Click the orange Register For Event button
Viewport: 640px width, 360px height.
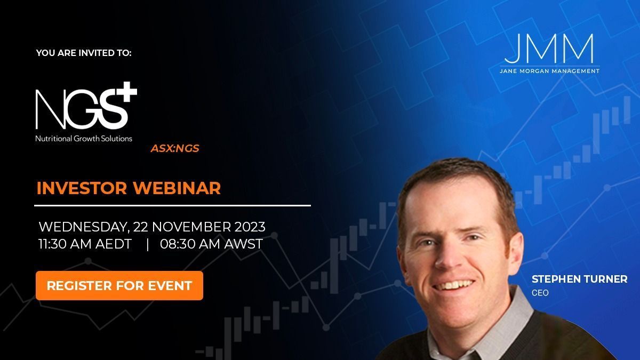(119, 285)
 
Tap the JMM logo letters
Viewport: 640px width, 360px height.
(548, 49)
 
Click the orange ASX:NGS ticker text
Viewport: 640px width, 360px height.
(175, 149)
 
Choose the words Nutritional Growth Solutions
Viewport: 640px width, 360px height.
(84, 138)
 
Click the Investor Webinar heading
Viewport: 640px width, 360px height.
(128, 188)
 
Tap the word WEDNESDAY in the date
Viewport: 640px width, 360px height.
(83, 226)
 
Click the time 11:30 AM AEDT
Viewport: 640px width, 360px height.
(85, 244)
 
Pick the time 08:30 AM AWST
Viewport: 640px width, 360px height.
(211, 244)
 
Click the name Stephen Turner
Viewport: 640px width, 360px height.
(579, 279)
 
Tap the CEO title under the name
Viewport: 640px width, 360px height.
(540, 293)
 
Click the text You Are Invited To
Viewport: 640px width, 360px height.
(84, 53)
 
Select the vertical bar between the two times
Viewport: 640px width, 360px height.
(147, 244)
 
